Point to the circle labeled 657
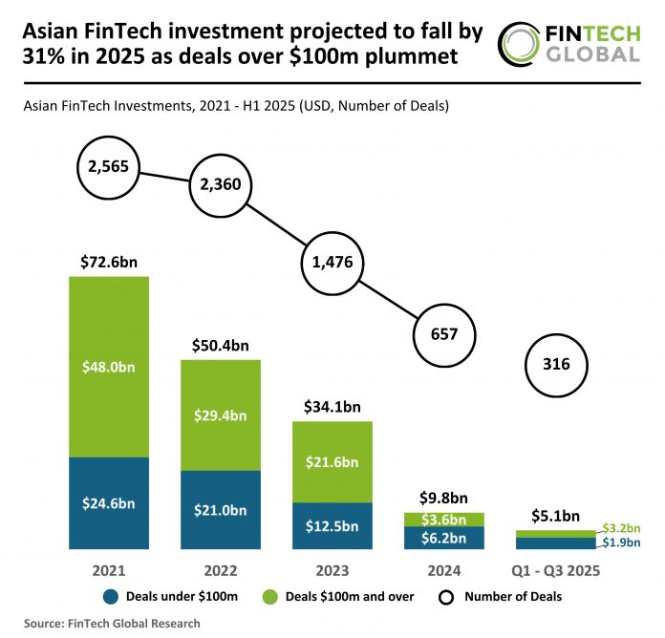(444, 334)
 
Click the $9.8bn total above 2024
(443, 498)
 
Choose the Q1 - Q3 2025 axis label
(555, 571)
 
